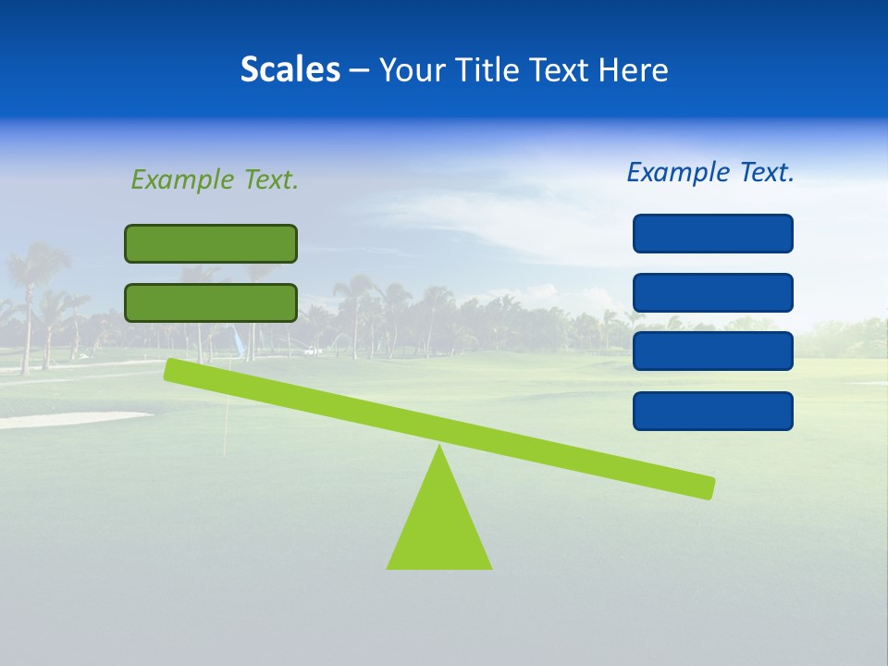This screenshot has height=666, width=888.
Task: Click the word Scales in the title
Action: click(x=290, y=69)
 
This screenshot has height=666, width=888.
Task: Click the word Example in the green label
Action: click(x=182, y=179)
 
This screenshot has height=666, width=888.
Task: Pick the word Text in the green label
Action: click(x=270, y=179)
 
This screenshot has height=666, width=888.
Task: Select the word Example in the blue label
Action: click(x=678, y=172)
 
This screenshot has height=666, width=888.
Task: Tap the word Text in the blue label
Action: click(x=766, y=172)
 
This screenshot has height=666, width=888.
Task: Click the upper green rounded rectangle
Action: click(x=211, y=243)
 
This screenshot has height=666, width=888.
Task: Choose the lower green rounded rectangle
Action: click(x=211, y=302)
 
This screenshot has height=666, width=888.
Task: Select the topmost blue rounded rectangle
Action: click(x=713, y=233)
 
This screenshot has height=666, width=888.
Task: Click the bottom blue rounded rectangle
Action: click(x=713, y=411)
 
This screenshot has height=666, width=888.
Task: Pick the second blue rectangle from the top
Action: click(x=713, y=292)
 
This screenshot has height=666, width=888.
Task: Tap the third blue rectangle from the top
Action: click(x=713, y=351)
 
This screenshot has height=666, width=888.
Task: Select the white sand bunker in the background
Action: click(x=65, y=419)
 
